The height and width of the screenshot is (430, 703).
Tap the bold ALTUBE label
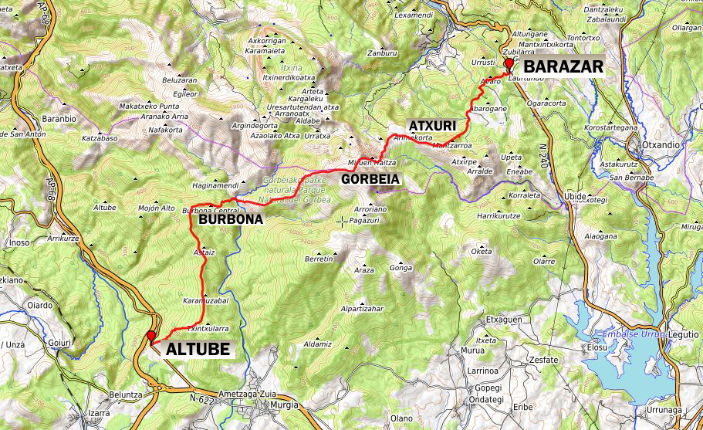pyautogui.click(x=198, y=349)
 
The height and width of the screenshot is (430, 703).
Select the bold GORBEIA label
pyautogui.click(x=371, y=179)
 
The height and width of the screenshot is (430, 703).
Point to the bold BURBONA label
pyautogui.click(x=231, y=219)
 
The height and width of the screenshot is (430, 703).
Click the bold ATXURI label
pyautogui.click(x=433, y=125)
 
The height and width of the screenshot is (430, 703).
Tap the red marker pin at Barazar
pyautogui.click(x=508, y=65)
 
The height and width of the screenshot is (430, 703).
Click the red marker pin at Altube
pyautogui.click(x=151, y=336)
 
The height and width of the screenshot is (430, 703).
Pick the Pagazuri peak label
pyautogui.click(x=367, y=220)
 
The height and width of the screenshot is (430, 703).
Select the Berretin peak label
pyautogui.click(x=319, y=259)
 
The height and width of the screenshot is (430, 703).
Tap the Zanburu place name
pyautogui.click(x=382, y=53)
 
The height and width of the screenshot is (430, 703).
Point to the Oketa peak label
pyautogui.click(x=481, y=251)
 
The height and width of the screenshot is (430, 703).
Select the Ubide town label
pyautogui.click(x=576, y=196)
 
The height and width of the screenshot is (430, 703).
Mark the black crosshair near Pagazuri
pyautogui.click(x=342, y=222)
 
